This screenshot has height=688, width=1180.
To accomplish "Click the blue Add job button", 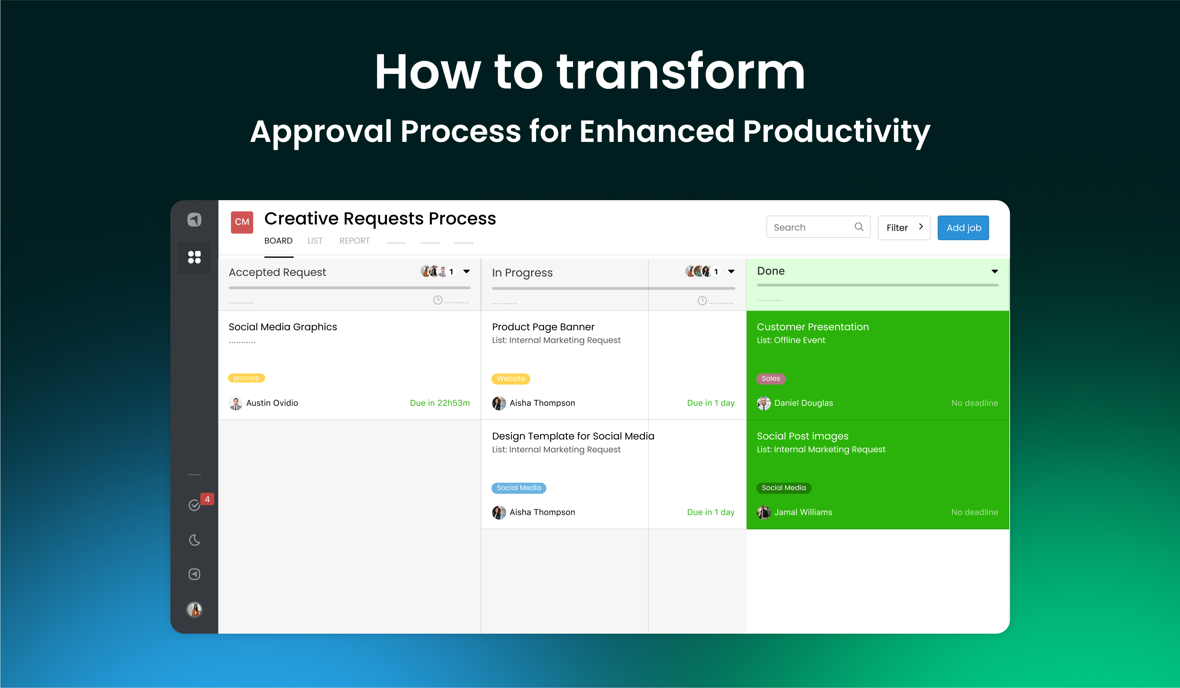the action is click(x=963, y=227).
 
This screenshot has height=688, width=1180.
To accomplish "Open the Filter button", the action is click(x=904, y=227).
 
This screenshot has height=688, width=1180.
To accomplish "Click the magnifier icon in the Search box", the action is click(x=859, y=227).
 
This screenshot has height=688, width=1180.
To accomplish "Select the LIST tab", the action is click(x=315, y=241).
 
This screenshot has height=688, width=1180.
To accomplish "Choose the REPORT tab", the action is click(x=355, y=241).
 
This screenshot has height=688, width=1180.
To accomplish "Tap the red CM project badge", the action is click(x=241, y=222).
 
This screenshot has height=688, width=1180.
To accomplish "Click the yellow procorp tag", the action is click(x=246, y=378).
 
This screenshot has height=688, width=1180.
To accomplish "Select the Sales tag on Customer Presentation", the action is click(x=771, y=379).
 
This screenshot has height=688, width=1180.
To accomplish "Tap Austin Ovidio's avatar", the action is click(x=236, y=403).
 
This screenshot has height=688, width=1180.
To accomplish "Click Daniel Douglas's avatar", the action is click(x=764, y=403).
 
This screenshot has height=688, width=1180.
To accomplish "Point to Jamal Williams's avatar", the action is click(x=764, y=512).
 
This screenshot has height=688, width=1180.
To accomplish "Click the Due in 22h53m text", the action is click(x=440, y=403).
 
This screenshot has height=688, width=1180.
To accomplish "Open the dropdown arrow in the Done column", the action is click(x=994, y=271).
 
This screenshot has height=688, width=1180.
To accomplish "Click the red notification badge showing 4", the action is click(x=207, y=499).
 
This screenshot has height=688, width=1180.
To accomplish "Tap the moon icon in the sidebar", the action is click(x=194, y=540).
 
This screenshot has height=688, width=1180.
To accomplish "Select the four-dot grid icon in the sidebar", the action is click(x=194, y=257).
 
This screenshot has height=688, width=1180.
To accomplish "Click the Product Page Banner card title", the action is click(x=543, y=327).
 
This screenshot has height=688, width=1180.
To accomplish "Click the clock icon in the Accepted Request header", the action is click(x=437, y=300).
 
